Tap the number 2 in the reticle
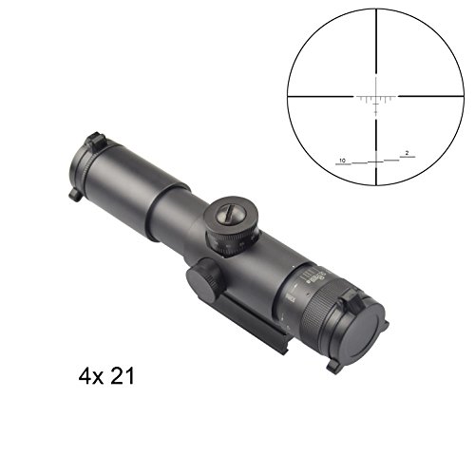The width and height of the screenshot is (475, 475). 406,152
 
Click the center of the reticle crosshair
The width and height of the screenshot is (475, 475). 376,96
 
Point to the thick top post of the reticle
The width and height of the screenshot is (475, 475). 376,38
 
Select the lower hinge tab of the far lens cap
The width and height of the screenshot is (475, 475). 74,195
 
